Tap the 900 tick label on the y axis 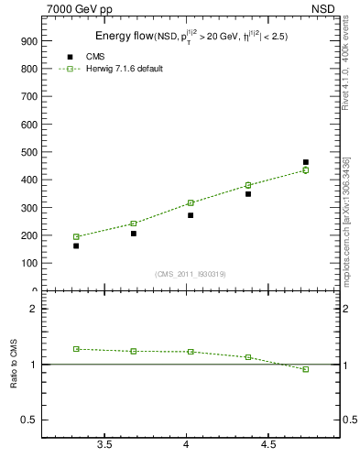pos(27,42)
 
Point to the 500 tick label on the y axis pos(27,153)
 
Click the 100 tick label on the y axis pos(27,264)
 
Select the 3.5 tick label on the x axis pos(104,445)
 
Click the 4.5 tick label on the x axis pos(267,445)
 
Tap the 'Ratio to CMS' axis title pos(14,365)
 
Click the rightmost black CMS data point pos(306,162)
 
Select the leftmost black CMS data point pos(76,245)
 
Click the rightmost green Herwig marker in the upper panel pos(306,170)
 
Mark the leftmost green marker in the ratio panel pos(76,349)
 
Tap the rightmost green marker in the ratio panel pos(306,369)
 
